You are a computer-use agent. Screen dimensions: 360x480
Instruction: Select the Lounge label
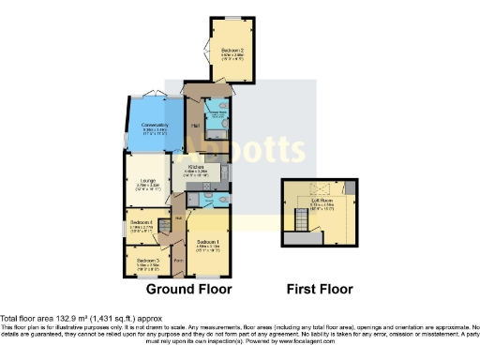click(x=147, y=182)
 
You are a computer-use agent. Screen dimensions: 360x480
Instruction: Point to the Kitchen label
click(x=195, y=167)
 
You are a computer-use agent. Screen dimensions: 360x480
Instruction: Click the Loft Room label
click(x=322, y=200)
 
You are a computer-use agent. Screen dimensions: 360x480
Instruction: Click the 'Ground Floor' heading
click(x=189, y=289)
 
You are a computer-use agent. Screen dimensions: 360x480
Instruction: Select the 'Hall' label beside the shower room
click(x=195, y=126)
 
